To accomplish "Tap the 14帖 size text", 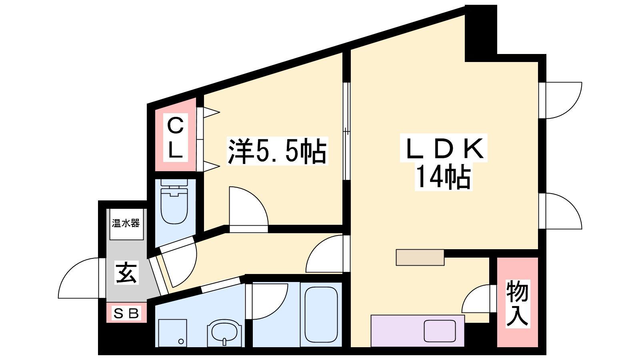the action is coord(443,176).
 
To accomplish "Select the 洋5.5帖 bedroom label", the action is coord(277,151).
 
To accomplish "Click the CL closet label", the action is coord(175,138).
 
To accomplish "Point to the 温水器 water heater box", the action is coord(126,224).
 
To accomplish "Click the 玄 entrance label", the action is coord(126,272).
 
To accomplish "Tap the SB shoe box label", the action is coord(126,314).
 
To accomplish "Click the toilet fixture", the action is coord(174,202).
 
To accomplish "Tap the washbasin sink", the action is coord(224,332).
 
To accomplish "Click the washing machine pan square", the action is coord(172,333).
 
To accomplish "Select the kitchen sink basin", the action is coord(440,331).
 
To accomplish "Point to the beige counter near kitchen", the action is coord(420,258).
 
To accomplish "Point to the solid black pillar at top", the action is coord(481,33).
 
